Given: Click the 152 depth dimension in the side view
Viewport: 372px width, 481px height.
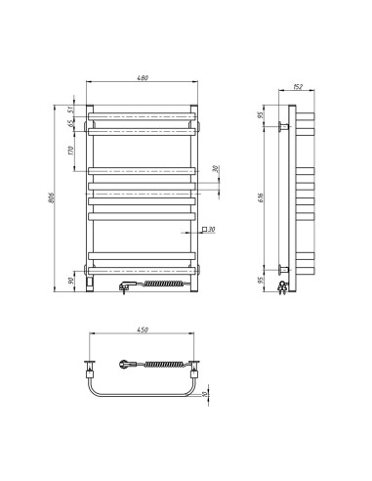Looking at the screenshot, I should [x=298, y=86].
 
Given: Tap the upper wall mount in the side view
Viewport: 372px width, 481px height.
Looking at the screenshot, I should [x=284, y=126].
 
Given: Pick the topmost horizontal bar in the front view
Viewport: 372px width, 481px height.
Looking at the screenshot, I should [x=145, y=115].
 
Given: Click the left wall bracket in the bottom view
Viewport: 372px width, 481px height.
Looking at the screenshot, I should [x=90, y=368].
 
